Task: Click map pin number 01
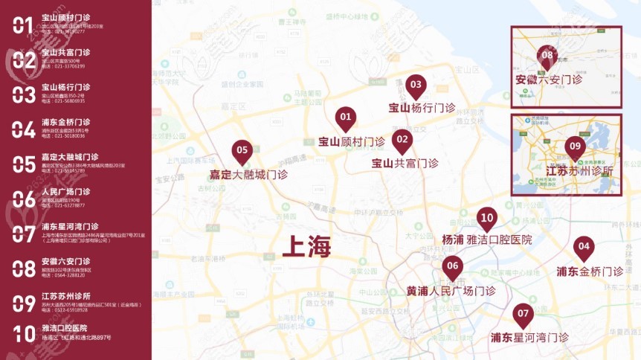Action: point(345,118)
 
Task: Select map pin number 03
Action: point(415,86)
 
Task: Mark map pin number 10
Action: point(486,219)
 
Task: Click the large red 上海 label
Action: point(296,245)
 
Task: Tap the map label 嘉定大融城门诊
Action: point(248,176)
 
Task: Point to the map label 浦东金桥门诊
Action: point(590,271)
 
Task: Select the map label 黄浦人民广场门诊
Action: point(451,291)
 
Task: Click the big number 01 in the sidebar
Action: point(23,25)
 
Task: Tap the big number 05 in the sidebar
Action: point(23,164)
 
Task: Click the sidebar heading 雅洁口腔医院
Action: point(65,327)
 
